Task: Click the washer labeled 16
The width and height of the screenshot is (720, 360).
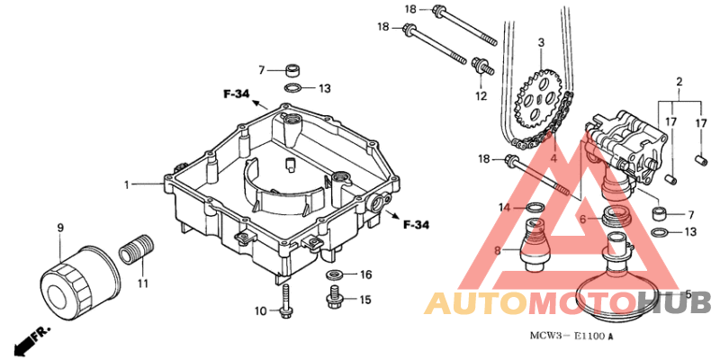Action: (335, 275)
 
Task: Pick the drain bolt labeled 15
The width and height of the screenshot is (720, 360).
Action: (334, 297)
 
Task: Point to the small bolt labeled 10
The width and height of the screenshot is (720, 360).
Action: (285, 301)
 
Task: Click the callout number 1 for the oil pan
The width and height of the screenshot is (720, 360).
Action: (127, 184)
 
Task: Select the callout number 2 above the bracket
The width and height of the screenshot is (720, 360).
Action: (679, 82)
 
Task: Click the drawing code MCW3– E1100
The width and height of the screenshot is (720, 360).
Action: (568, 336)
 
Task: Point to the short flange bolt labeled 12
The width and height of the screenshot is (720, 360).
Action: (482, 66)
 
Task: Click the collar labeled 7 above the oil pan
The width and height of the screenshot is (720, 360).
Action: (293, 71)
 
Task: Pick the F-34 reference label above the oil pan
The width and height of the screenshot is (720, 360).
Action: (237, 94)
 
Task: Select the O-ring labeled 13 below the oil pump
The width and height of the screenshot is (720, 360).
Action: (660, 232)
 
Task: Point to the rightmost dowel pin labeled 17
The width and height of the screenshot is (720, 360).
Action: (699, 159)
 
